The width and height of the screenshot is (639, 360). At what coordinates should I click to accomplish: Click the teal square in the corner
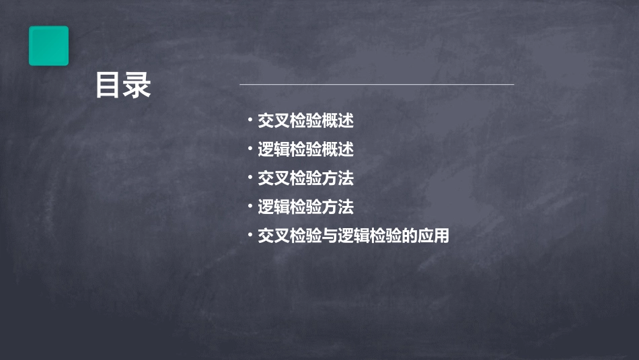(48, 46)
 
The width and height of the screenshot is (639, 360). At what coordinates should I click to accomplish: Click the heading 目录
(122, 85)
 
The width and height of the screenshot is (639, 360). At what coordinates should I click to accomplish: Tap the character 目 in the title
(108, 85)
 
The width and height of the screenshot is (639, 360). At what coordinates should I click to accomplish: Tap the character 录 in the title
(137, 85)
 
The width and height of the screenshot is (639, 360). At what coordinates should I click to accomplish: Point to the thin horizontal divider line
(377, 85)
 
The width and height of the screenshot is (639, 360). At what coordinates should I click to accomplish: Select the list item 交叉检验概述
(305, 121)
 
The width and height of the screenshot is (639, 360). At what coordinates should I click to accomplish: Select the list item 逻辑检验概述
(305, 150)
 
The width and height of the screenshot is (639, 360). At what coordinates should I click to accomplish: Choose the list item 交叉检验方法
(305, 179)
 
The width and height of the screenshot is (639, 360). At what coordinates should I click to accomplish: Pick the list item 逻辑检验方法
(305, 207)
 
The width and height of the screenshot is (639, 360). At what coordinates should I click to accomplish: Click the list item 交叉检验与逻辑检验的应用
(353, 236)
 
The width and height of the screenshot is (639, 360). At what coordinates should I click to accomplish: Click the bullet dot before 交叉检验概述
(250, 121)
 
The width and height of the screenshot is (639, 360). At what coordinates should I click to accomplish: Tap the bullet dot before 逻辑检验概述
(250, 149)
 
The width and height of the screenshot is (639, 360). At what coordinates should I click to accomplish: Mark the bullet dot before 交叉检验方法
(250, 178)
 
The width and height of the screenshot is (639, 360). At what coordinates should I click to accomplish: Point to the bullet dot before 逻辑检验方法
(250, 207)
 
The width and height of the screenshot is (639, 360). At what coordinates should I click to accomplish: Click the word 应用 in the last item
(433, 236)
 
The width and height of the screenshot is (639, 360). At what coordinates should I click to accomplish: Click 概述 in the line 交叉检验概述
(338, 121)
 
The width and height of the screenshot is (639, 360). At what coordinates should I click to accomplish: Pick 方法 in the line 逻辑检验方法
(338, 207)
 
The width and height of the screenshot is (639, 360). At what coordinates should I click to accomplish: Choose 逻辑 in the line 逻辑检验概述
(274, 150)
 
